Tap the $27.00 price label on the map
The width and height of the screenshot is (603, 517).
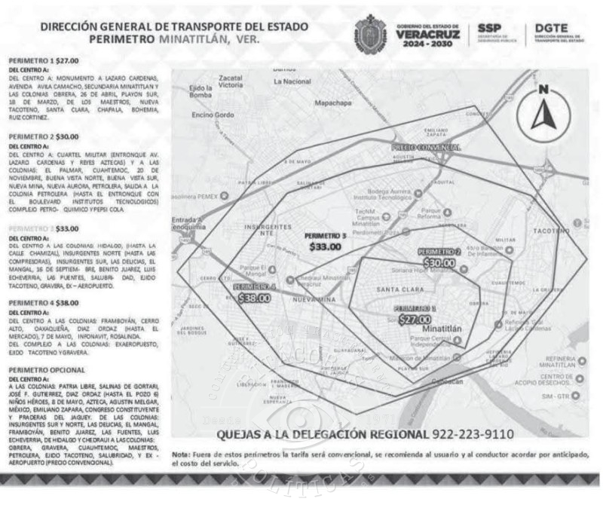pos(415,319)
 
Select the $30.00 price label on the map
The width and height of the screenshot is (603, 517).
pos(439,263)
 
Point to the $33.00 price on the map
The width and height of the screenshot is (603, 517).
pos(326,246)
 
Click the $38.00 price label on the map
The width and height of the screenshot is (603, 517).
pos(254,298)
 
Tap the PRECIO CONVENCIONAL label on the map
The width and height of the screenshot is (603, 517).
pos(426,148)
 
